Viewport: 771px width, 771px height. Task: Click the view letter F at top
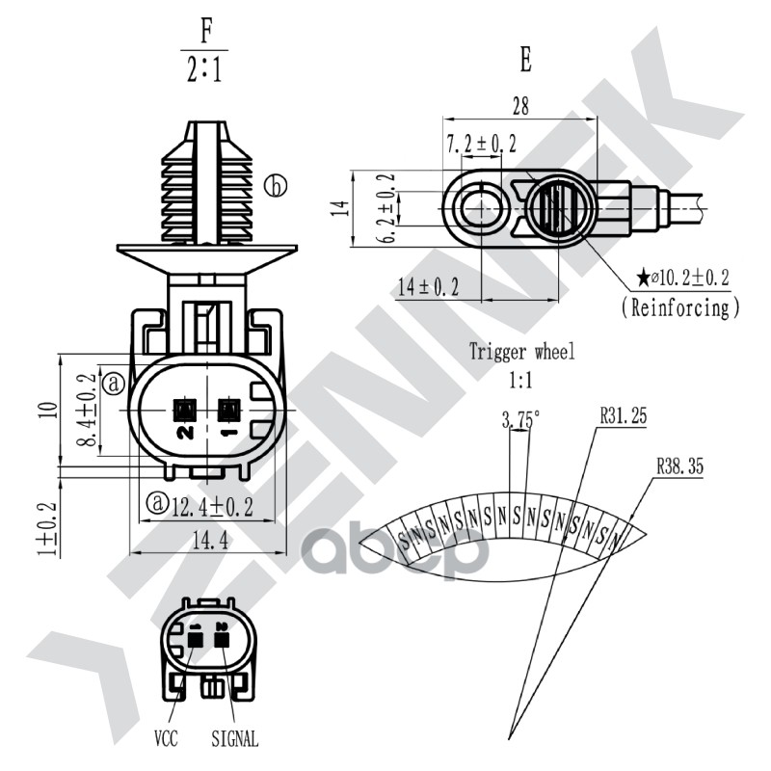(x=204, y=31)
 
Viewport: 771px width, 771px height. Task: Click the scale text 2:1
(x=204, y=69)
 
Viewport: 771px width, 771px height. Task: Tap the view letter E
(x=524, y=60)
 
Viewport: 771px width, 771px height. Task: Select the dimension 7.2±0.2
(x=482, y=145)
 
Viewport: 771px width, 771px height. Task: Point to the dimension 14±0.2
(x=427, y=286)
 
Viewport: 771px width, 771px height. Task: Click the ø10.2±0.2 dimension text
(x=690, y=279)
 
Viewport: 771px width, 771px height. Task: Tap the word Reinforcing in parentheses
(x=680, y=307)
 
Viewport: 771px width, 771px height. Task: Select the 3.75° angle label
(x=520, y=418)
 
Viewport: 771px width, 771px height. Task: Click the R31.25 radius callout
(x=623, y=416)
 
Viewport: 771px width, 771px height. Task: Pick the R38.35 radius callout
(x=680, y=465)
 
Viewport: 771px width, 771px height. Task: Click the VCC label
(x=167, y=740)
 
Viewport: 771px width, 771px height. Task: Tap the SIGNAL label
(x=234, y=740)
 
